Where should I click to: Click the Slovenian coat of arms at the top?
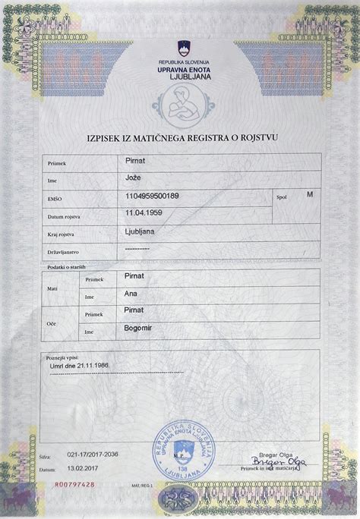[x=182, y=47]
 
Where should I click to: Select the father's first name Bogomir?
[x=139, y=328]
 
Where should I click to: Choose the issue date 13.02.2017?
[x=84, y=470]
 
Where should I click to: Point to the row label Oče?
[x=52, y=322]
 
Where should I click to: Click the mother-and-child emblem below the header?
[x=180, y=106]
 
